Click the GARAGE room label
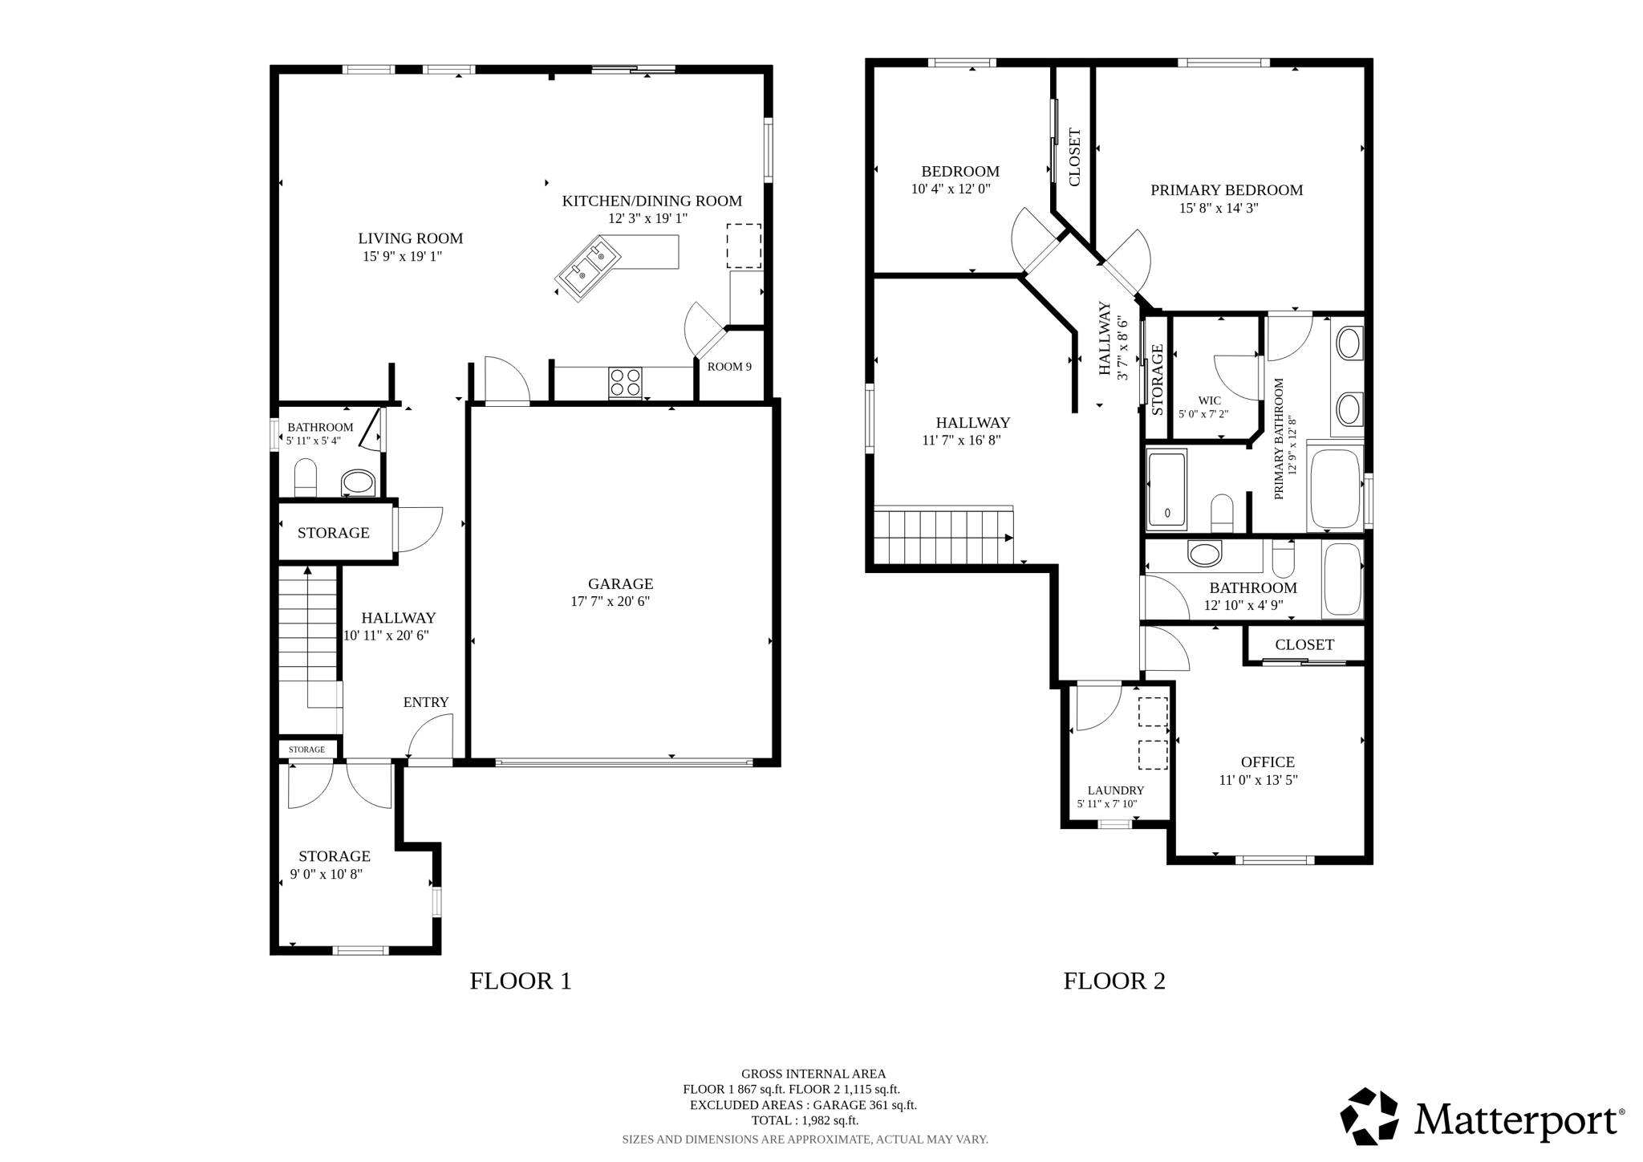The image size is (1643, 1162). point(620,584)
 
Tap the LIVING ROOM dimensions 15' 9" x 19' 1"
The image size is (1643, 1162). point(402,257)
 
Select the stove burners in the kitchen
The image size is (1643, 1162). point(626,382)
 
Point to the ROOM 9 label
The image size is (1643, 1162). point(729,367)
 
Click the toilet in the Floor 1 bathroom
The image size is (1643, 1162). point(306,478)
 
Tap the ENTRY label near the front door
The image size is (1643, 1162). point(425,702)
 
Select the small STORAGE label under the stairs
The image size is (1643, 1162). point(306,750)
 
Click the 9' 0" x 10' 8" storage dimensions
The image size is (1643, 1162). point(326,875)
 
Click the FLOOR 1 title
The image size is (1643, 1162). point(520,981)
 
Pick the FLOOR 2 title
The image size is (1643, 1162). point(1114,981)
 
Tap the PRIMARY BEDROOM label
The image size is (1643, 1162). point(1226,190)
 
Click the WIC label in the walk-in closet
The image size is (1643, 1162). point(1209,400)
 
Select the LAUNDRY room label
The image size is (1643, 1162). point(1115,790)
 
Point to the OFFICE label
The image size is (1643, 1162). point(1267,762)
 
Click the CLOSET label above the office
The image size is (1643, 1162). point(1304,644)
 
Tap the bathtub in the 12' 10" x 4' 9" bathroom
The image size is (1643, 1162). point(1342,579)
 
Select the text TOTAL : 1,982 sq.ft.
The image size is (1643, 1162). point(804,1120)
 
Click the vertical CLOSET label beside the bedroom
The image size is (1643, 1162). point(1074,157)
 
